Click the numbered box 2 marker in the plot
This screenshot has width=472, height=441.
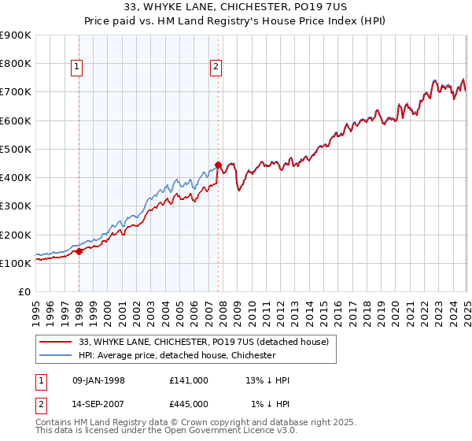(x=216, y=68)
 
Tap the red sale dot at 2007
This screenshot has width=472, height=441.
(x=218, y=165)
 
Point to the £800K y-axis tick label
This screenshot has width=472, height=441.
(x=16, y=64)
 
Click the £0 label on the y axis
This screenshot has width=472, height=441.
(x=24, y=292)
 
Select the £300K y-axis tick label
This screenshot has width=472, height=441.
(x=16, y=206)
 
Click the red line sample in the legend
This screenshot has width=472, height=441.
(x=55, y=341)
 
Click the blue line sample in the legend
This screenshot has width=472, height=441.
(x=55, y=355)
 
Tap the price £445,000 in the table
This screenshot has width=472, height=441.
(x=188, y=404)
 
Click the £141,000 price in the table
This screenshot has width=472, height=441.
(x=188, y=380)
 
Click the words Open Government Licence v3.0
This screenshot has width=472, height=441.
(x=229, y=432)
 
